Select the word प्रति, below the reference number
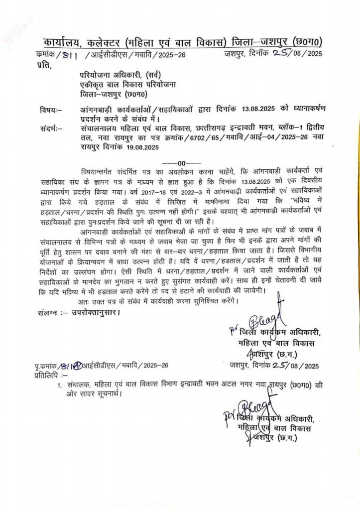pos(44,64)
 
